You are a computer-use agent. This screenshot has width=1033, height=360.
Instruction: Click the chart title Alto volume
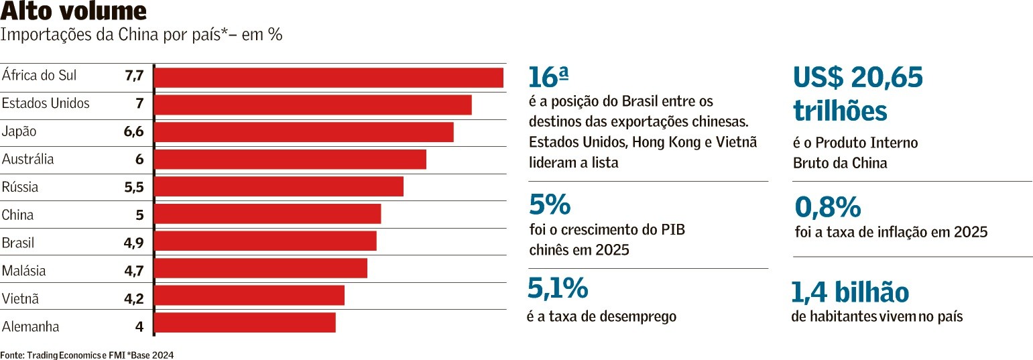[73, 12]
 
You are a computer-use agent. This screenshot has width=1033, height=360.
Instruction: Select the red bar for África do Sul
[328, 77]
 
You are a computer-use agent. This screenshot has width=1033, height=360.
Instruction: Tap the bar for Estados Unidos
[313, 105]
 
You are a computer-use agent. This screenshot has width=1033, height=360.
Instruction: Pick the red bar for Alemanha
[245, 322]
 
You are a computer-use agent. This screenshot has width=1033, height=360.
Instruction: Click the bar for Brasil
[265, 241]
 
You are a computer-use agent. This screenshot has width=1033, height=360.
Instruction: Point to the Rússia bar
[279, 186]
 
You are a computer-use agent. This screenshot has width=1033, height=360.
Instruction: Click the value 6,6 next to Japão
[134, 131]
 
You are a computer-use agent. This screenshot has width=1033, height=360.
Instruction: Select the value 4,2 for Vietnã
[134, 299]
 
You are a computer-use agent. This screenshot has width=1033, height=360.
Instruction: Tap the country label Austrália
[27, 160]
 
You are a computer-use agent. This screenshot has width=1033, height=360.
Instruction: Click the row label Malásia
[24, 271]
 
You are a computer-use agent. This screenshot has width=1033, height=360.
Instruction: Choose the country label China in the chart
[18, 215]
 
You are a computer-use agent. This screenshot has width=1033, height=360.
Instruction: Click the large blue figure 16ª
[548, 78]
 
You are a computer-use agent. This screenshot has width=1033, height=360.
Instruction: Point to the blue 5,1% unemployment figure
[558, 288]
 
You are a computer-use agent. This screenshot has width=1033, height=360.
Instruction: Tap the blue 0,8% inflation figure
[827, 208]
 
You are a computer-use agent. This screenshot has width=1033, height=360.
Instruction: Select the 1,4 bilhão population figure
[850, 293]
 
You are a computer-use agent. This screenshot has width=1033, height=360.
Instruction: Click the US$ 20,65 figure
[858, 79]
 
